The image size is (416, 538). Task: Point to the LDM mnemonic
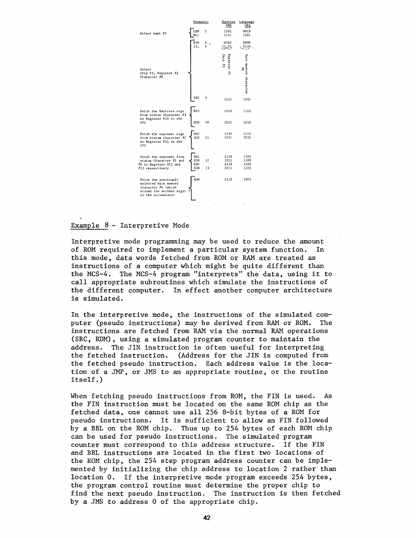coord(195,31)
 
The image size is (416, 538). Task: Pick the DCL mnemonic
coord(195,35)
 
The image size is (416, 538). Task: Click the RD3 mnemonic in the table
coord(196,111)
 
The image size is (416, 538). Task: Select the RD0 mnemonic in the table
coord(196,164)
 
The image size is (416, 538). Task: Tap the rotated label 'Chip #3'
coord(224,61)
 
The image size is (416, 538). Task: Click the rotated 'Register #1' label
coord(230,64)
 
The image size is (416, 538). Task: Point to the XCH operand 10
coord(207,122)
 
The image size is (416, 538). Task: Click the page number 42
coord(206,518)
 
